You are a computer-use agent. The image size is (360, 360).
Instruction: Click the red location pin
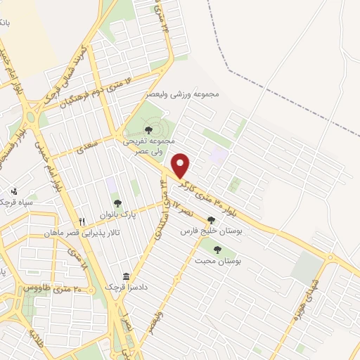pyautogui.click(x=181, y=165)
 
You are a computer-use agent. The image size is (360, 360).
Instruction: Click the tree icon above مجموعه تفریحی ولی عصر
pyautogui.click(x=148, y=129)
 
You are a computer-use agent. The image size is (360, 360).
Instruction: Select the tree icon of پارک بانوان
pyautogui.click(x=117, y=203)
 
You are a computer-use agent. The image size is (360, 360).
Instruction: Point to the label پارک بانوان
pyautogui.click(x=117, y=216)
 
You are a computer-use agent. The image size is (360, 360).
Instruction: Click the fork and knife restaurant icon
pyautogui.click(x=82, y=221)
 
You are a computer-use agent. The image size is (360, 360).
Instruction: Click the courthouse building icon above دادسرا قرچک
pyautogui.click(x=126, y=276)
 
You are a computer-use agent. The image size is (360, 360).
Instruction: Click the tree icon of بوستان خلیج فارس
pyautogui.click(x=211, y=219)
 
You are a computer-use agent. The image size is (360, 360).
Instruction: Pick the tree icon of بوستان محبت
pyautogui.click(x=217, y=248)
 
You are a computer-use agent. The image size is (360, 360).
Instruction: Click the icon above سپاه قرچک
pyautogui.click(x=14, y=191)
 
